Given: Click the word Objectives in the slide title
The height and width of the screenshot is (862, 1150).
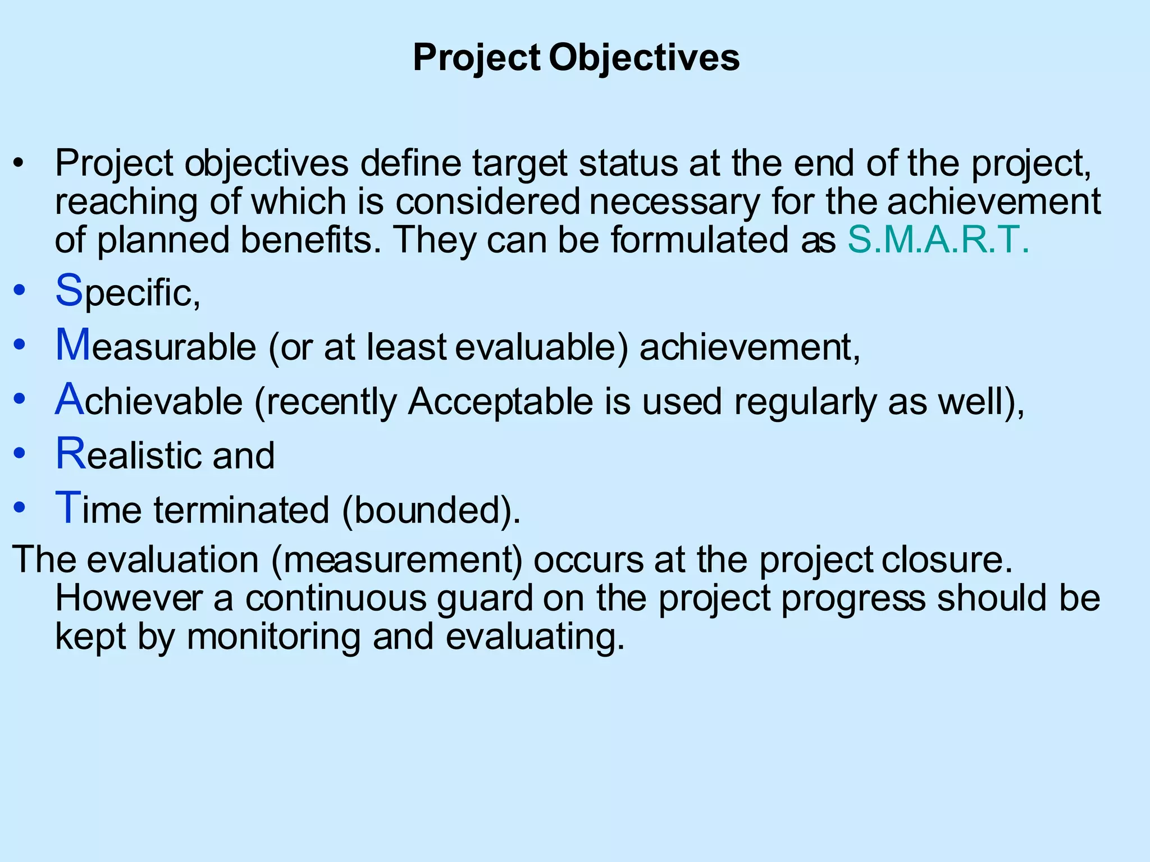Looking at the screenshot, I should point(644,58).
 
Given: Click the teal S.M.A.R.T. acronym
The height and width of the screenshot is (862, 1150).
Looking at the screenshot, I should point(938,240).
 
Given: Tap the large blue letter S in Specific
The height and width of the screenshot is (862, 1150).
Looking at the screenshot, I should point(69,290).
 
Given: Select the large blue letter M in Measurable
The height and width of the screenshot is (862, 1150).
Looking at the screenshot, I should point(73,345).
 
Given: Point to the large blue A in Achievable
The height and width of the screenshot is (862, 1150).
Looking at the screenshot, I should point(70,399).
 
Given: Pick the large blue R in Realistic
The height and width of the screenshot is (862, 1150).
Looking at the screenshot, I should point(71,453).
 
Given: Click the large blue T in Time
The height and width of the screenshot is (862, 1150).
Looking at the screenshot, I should point(68,508).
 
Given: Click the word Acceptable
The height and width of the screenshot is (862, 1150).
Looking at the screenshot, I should point(500,402).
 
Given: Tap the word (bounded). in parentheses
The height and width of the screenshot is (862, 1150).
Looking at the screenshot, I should point(431,510).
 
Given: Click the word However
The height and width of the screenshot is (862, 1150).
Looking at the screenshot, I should point(128,598).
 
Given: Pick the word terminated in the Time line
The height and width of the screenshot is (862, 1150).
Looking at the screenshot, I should point(241,510).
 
